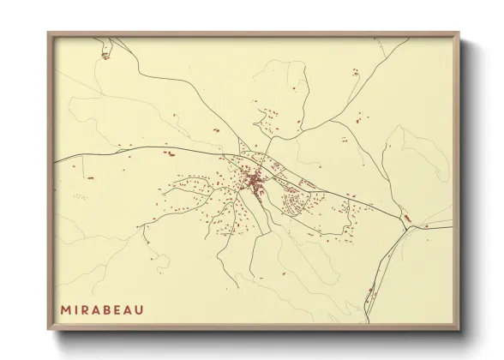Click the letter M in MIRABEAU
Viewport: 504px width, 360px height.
point(65,309)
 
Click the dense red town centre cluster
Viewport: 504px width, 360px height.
point(255,181)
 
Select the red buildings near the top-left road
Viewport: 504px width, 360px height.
point(105,57)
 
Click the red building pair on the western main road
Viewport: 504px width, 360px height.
point(169,153)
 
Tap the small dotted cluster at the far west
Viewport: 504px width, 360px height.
point(81,196)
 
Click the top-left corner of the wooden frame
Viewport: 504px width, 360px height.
point(48,33)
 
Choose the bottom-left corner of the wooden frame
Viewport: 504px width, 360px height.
point(48,330)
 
